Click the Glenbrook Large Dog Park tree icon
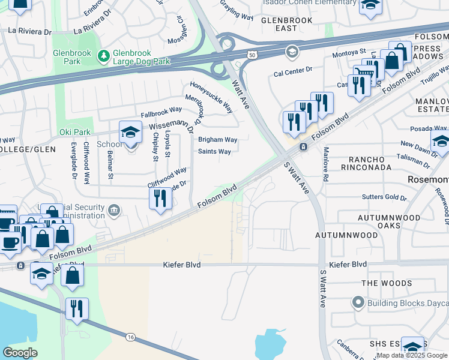point(103,56)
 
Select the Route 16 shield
point(130,338)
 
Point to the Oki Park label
point(74,132)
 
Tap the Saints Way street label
point(214,152)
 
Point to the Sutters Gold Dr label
point(384,197)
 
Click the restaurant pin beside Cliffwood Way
point(160,198)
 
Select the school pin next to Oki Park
point(130,133)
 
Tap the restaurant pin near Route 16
point(77,308)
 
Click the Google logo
point(20,353)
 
